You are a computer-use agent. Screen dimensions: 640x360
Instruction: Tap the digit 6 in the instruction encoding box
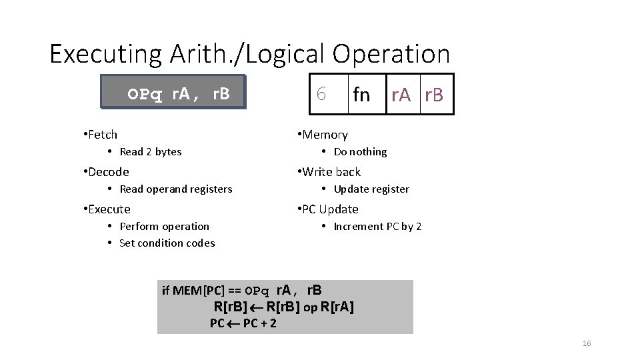pos(321,95)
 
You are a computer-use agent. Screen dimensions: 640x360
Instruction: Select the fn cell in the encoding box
pos(361,95)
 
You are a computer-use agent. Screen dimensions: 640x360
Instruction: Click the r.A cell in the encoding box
pos(402,95)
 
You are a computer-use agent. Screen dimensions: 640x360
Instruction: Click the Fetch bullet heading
pos(103,135)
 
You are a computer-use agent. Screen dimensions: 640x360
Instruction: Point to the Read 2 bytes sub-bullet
pos(151,152)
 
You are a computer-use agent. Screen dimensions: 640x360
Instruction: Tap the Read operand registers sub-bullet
pos(176,189)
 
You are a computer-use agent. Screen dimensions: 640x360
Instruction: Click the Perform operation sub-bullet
pos(164,227)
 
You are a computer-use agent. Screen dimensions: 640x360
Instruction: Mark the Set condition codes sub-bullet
pos(167,243)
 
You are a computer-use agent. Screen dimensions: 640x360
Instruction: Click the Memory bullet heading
pos(325,135)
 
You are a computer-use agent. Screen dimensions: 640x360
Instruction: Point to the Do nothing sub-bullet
pos(360,152)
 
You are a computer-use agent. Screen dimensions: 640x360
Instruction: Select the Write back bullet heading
pos(331,172)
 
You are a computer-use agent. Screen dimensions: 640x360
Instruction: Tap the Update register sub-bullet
pos(371,189)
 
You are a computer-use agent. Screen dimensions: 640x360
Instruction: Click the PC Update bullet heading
pos(330,209)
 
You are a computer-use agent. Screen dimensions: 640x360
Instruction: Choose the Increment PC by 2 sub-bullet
pos(377,227)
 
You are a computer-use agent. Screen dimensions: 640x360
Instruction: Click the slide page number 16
pos(587,343)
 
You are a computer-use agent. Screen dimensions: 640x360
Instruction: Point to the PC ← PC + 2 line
pos(243,323)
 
